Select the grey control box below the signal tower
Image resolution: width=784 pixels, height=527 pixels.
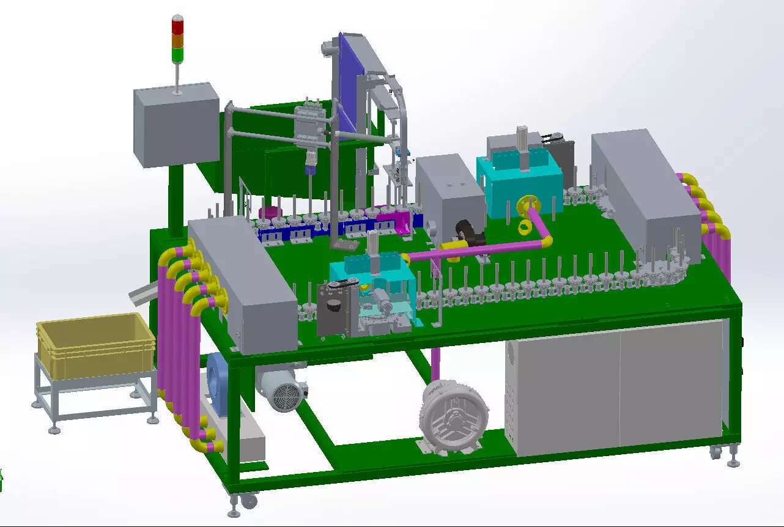coord(176,125)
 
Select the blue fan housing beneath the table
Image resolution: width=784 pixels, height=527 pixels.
coord(217,377)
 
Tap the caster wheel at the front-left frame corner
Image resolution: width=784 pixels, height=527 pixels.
coord(249,501)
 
